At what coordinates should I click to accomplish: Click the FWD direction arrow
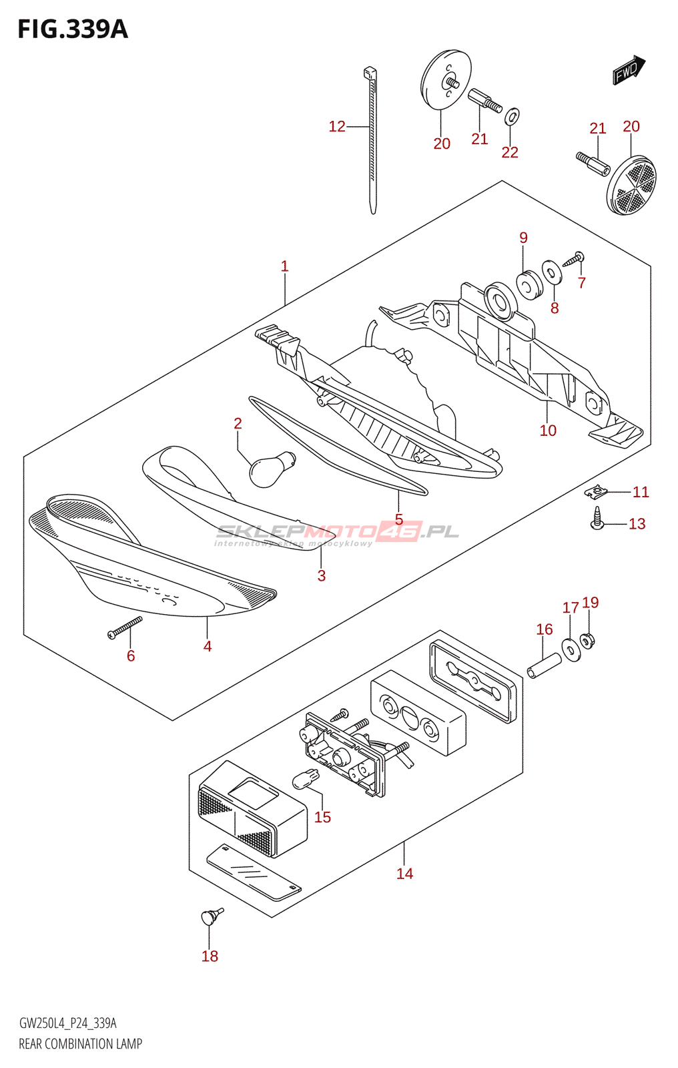click(629, 70)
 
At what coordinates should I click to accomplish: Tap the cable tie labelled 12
click(372, 140)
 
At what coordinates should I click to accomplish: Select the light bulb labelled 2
click(271, 467)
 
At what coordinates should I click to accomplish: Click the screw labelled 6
click(125, 627)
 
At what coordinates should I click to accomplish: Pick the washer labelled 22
click(512, 117)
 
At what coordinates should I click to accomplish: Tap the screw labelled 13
click(597, 519)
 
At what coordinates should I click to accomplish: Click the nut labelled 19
click(588, 641)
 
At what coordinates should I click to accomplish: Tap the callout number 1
click(284, 266)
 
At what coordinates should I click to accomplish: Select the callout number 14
click(404, 873)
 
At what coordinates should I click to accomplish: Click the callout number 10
click(548, 431)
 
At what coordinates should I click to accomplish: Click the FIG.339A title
click(72, 29)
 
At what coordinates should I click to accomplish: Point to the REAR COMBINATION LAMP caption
click(80, 1044)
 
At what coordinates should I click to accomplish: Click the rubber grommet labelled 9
click(530, 285)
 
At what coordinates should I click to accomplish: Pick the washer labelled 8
click(552, 272)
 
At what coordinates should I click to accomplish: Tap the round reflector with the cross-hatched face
click(631, 185)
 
